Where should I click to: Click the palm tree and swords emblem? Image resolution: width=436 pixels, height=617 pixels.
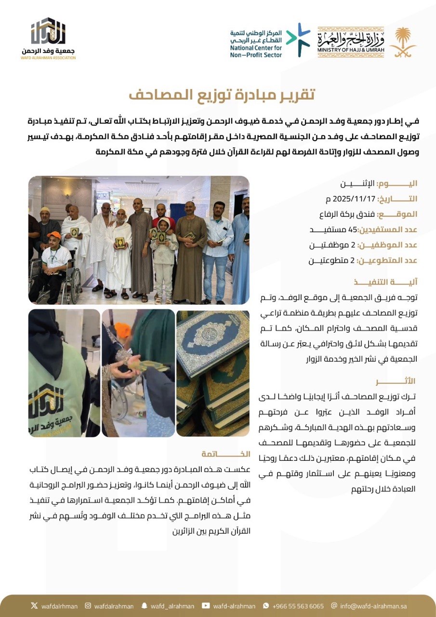point(403,42)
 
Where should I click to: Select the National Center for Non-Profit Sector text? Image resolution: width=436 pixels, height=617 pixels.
point(256,43)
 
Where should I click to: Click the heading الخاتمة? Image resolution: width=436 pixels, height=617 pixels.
point(226,454)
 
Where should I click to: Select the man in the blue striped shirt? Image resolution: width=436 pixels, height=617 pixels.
point(217,241)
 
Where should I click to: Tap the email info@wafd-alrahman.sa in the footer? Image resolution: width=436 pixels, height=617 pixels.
point(375,606)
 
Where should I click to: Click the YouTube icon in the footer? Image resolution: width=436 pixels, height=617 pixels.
point(206,606)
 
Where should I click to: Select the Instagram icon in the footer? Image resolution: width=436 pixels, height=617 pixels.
point(88,606)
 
